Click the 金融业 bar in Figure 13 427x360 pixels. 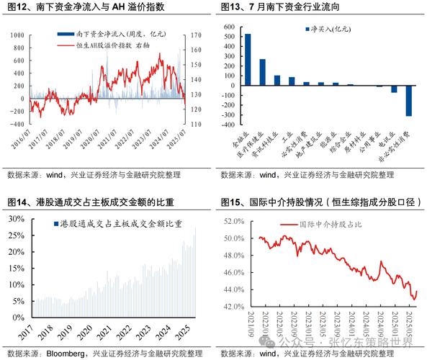point(248,59)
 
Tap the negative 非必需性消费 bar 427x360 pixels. point(408,100)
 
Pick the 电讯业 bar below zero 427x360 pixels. point(394,89)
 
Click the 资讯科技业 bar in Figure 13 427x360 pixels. point(277,80)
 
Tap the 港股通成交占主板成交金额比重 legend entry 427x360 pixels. point(115,225)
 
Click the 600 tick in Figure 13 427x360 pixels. point(230,27)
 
